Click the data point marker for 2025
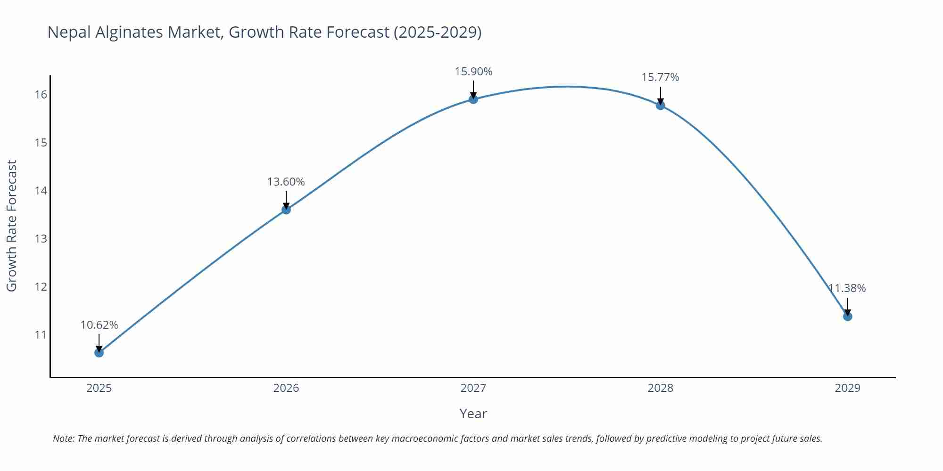(x=99, y=352)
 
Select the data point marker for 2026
(x=286, y=210)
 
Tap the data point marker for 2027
(x=473, y=99)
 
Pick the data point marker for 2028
(x=661, y=105)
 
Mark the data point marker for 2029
(x=847, y=317)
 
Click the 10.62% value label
(x=99, y=325)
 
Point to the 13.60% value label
(x=286, y=182)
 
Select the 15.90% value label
(x=473, y=72)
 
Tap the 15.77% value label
(x=660, y=77)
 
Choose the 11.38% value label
(x=847, y=288)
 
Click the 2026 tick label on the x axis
(x=286, y=388)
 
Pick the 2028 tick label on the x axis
(x=661, y=388)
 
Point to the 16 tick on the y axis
(x=41, y=95)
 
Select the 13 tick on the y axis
(x=41, y=239)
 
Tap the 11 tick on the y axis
(x=41, y=335)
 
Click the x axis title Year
(x=473, y=414)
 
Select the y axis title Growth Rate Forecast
(x=12, y=226)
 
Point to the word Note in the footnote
(x=63, y=439)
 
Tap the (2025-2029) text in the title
(x=437, y=32)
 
